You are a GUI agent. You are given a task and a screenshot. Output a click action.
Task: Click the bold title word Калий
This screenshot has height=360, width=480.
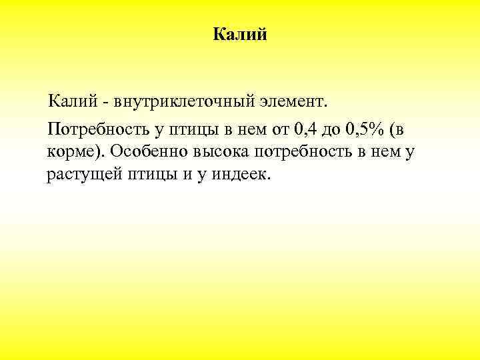(240, 34)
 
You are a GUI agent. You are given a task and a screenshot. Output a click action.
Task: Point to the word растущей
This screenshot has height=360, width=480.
(79, 175)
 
